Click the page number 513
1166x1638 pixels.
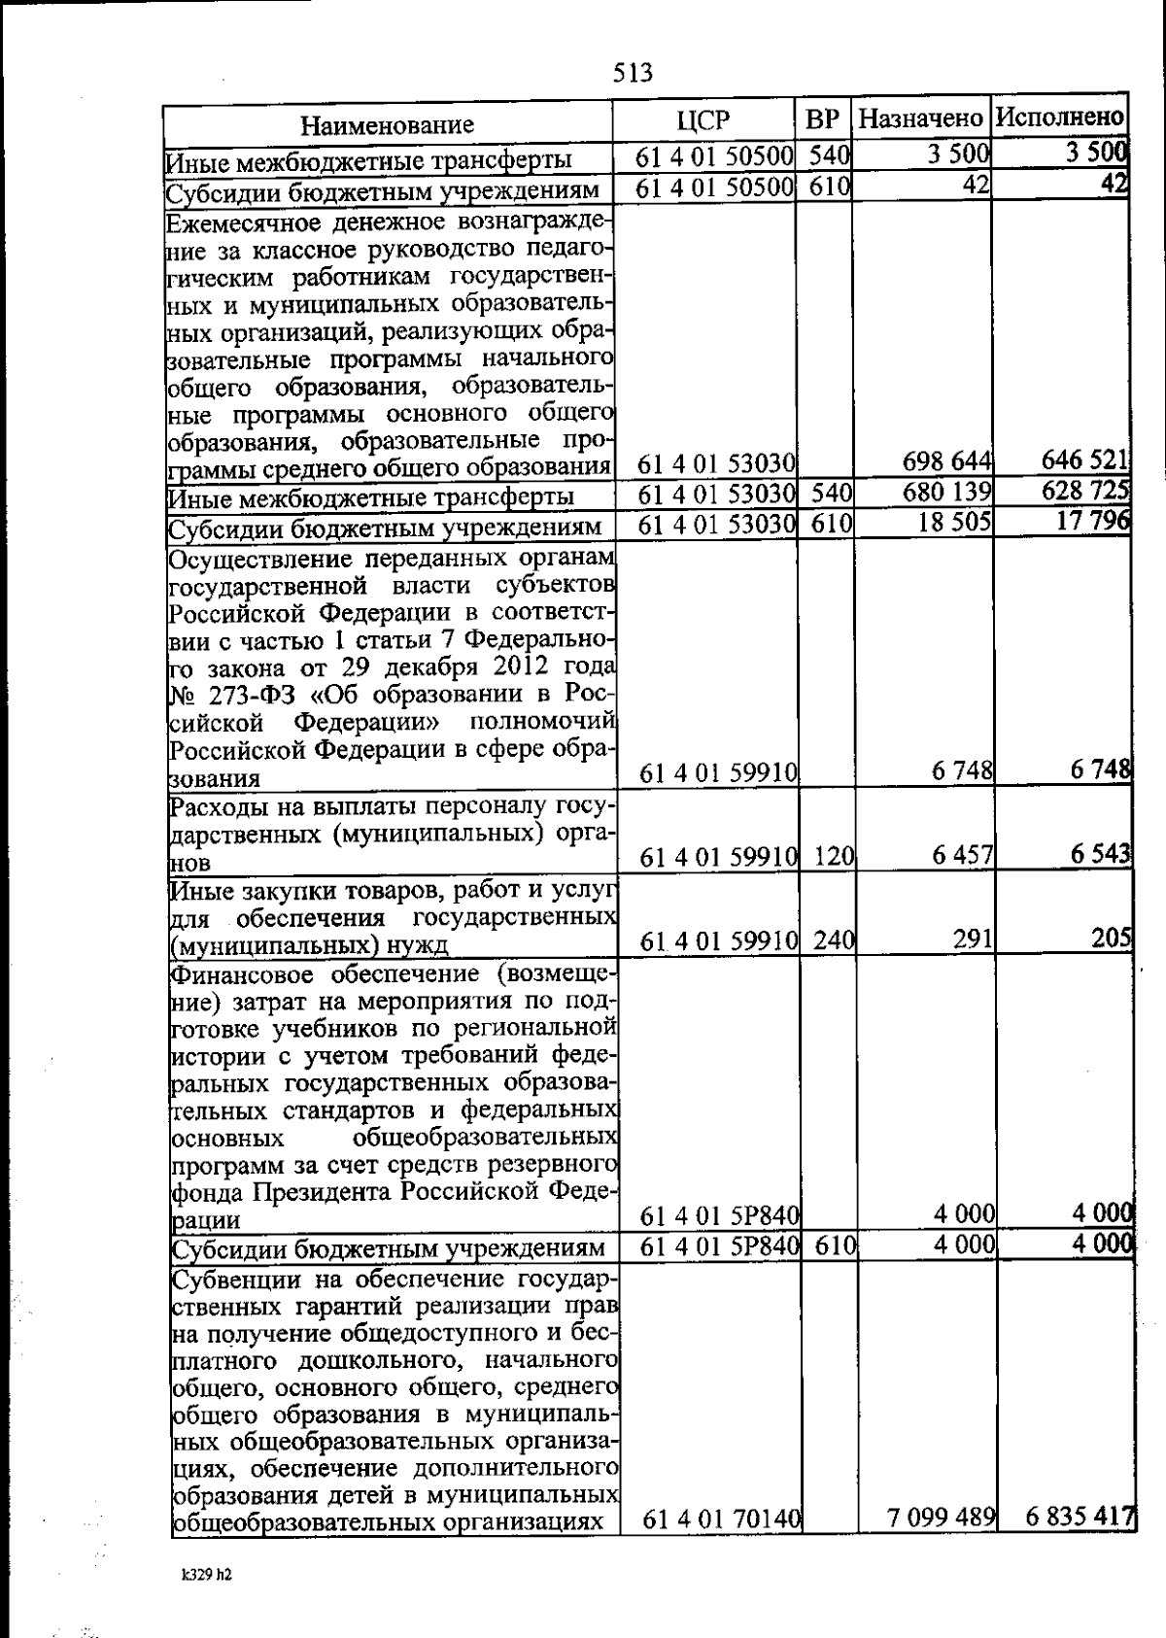(634, 73)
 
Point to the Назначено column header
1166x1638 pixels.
(921, 119)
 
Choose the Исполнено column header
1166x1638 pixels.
(1061, 118)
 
